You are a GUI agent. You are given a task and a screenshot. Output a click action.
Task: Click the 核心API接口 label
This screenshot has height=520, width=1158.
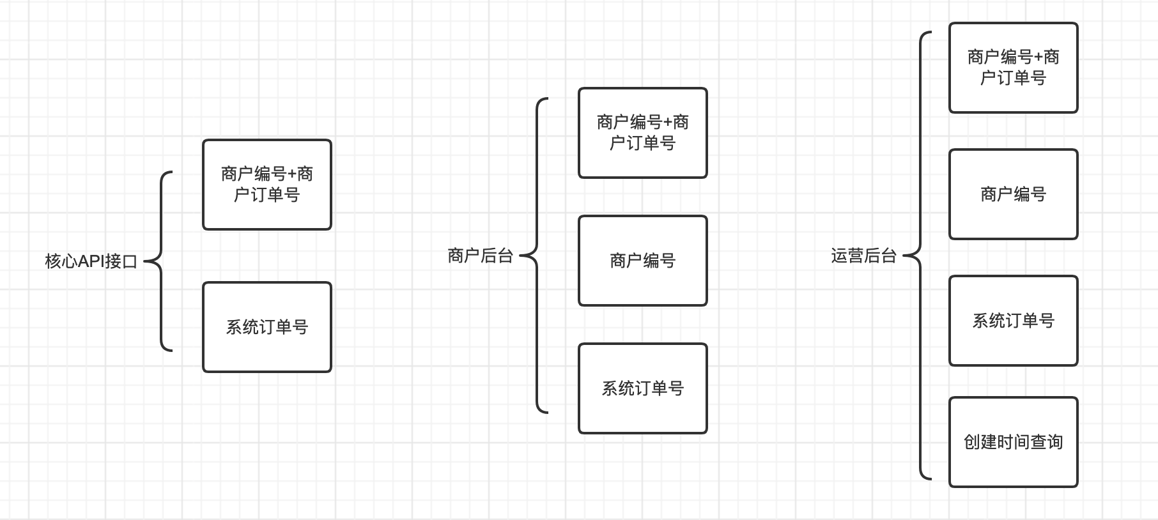coord(91,261)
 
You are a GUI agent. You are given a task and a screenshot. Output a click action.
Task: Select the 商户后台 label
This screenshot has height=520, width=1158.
coord(481,256)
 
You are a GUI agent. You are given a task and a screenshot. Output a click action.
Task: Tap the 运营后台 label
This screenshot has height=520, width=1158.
coord(864,256)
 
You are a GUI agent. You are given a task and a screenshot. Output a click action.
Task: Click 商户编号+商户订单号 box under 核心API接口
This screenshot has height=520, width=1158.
coord(267,185)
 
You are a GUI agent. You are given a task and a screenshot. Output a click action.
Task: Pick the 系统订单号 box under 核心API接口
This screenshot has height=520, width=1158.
coord(267,327)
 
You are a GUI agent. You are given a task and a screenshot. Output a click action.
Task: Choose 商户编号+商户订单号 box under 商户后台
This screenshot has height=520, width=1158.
coord(643,133)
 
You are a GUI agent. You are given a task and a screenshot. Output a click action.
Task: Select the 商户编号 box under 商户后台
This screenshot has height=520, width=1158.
coord(643,261)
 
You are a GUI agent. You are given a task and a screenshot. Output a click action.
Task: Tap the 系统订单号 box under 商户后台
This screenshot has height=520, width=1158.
coord(643,388)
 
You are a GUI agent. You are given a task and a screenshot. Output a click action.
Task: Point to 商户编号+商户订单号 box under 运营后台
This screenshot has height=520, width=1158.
coord(1014,68)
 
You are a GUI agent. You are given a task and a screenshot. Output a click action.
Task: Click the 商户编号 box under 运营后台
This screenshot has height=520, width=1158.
coord(1014,194)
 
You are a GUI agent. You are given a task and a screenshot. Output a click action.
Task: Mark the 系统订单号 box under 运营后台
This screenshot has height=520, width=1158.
coord(1014,321)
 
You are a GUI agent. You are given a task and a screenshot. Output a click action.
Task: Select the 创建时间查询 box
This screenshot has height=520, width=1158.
coord(1014,442)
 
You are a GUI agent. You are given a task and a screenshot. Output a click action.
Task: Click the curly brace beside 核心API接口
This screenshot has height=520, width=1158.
coord(160,261)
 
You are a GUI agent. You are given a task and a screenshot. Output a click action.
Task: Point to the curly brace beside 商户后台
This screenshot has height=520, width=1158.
coord(536,256)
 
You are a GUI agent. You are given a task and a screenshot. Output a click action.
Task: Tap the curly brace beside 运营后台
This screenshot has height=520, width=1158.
coord(920,256)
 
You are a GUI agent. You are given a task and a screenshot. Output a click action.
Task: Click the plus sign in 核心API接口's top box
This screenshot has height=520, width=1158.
coord(292,174)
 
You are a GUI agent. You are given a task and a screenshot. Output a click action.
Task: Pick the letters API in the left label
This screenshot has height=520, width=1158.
coord(91,261)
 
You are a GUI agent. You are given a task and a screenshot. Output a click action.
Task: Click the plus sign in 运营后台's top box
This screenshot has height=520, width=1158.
coord(1038,57)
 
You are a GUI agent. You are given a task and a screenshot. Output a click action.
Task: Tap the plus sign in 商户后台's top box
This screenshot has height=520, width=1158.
coord(668,123)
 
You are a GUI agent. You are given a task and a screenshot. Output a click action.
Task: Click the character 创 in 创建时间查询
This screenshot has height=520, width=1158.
coord(972,442)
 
